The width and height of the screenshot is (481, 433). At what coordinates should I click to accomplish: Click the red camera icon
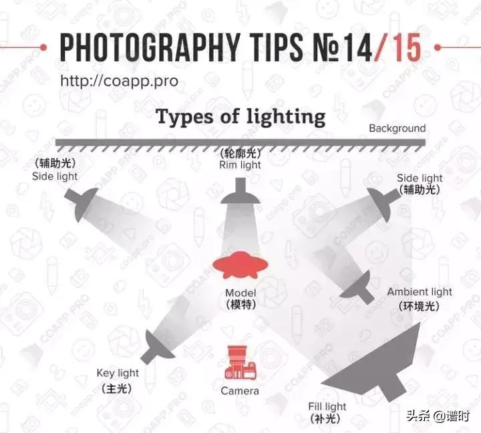click(240, 362)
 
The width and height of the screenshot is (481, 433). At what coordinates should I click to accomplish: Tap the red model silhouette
click(240, 265)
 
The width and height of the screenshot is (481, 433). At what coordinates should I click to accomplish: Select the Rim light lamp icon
click(240, 191)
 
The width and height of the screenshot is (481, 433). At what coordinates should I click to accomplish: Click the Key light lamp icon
click(158, 347)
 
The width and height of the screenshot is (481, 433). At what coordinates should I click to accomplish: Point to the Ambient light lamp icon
click(359, 287)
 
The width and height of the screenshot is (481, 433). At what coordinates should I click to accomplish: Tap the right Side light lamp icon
click(383, 203)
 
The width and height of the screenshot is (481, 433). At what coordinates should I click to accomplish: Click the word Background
click(397, 128)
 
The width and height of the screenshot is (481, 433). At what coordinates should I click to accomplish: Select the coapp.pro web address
click(119, 81)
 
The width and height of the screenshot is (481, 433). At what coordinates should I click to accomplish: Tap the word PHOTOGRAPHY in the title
click(150, 47)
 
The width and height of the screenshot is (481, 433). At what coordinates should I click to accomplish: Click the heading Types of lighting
click(240, 118)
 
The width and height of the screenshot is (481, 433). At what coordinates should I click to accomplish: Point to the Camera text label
click(240, 391)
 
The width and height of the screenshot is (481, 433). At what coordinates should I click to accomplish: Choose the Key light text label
click(118, 374)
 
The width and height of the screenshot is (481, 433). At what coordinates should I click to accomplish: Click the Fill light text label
click(327, 407)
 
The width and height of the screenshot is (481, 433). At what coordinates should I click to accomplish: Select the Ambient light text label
click(420, 292)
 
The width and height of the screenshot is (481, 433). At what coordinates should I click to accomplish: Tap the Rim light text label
click(240, 165)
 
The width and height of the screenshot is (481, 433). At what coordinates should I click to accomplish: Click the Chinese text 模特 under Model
click(240, 305)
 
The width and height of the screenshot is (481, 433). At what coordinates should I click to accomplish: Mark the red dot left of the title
click(43, 47)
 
